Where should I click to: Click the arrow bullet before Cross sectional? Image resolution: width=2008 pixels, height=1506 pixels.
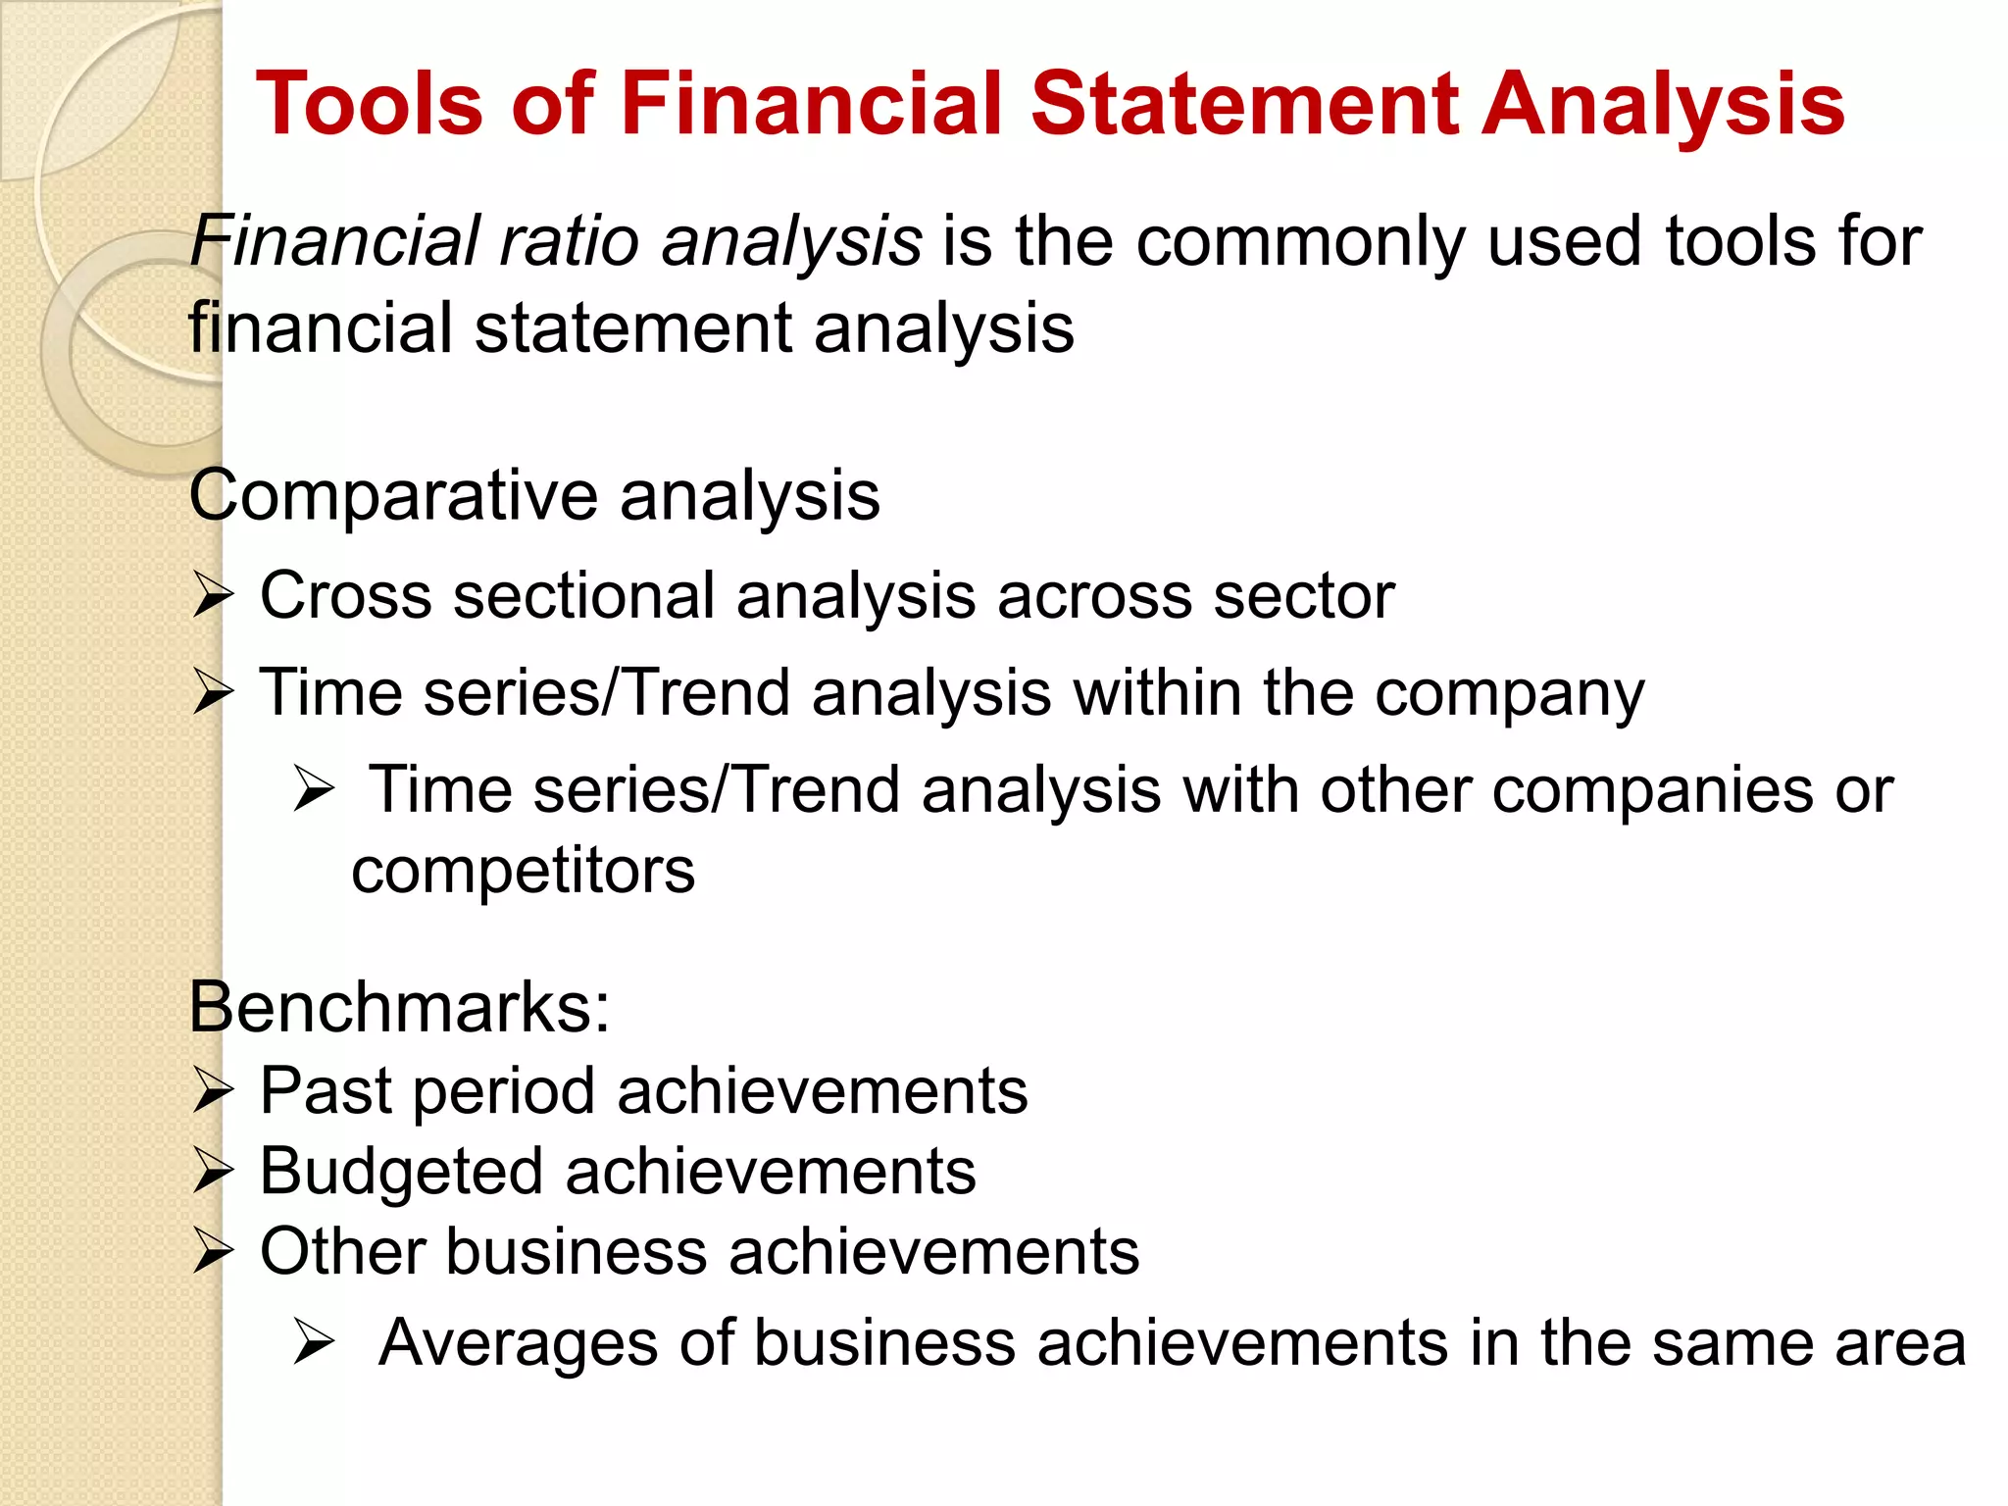tap(213, 595)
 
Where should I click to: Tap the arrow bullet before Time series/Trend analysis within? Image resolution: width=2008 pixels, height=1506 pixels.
tap(213, 692)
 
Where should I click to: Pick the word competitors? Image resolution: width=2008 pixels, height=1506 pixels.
tap(523, 871)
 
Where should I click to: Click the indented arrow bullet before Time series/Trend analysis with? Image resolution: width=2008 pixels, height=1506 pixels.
tap(314, 790)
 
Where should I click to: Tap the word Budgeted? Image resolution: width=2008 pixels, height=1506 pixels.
tap(400, 1172)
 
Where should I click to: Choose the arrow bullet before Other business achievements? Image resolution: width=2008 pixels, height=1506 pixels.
tap(213, 1252)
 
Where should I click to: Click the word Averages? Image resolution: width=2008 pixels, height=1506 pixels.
tap(518, 1342)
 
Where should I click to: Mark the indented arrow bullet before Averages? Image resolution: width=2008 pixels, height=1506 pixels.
tap(314, 1342)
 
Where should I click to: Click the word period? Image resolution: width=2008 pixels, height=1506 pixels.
tap(504, 1092)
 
